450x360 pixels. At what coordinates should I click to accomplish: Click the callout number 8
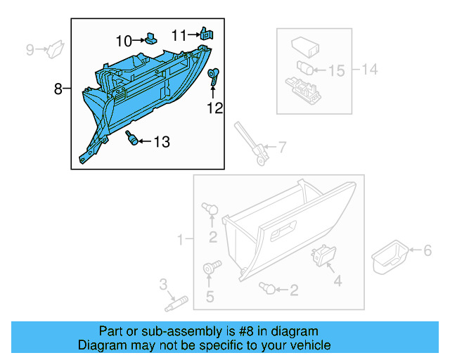58,89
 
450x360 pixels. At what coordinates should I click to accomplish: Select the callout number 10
124,40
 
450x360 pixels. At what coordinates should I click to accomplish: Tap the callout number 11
179,34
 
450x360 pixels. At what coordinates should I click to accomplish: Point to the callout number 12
214,108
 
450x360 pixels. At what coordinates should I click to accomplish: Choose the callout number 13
161,142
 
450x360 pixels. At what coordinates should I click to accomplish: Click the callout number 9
30,49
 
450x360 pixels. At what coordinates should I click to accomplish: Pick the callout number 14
370,70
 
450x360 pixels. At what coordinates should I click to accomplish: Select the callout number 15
337,70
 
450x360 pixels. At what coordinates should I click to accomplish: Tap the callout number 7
281,148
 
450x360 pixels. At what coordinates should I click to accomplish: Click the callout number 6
426,250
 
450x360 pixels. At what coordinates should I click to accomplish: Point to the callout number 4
337,281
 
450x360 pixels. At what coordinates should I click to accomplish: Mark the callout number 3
163,285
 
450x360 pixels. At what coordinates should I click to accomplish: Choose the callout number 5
210,297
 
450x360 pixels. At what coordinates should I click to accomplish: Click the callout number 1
180,240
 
